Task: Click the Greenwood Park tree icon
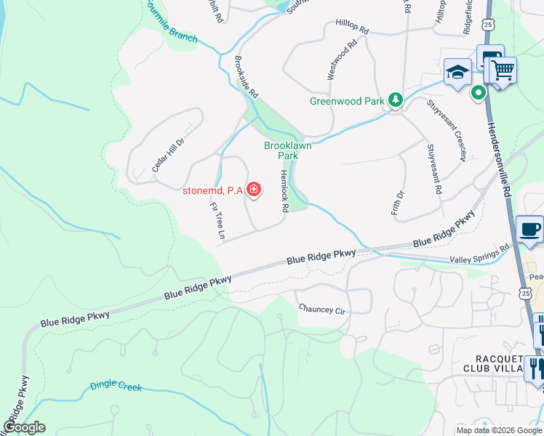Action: [395, 100]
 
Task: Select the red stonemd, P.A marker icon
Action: [253, 190]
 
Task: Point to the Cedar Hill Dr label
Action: [168, 155]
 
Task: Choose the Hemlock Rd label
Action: [284, 191]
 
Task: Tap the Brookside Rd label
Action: [247, 76]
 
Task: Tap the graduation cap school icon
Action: [457, 73]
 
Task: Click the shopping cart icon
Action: [503, 70]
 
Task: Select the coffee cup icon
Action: [529, 230]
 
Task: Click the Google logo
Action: [24, 427]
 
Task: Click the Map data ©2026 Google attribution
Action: [498, 430]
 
